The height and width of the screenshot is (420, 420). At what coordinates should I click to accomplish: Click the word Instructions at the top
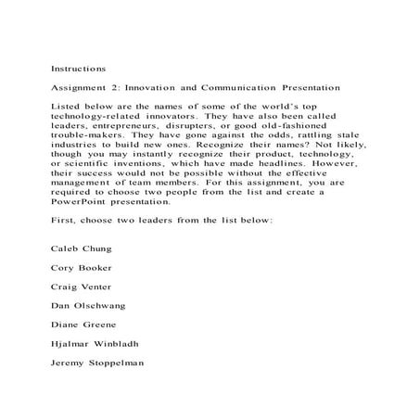point(78,69)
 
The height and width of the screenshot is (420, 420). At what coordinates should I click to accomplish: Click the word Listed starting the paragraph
point(68,109)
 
